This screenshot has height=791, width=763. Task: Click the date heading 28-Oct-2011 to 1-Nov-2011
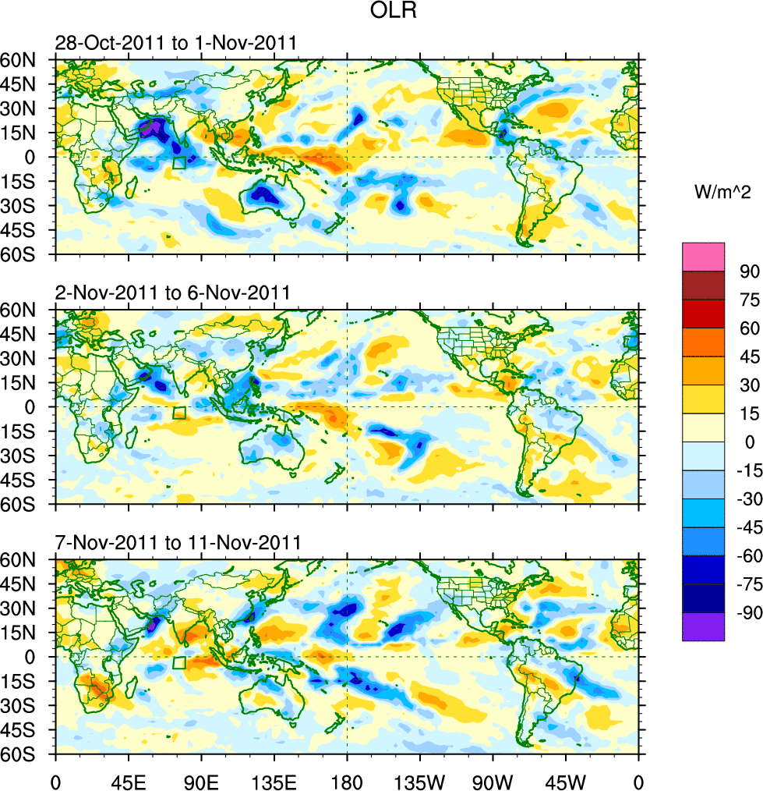[175, 43]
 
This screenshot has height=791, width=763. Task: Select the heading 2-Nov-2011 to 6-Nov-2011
[172, 293]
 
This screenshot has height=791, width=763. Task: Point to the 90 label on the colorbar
[749, 271]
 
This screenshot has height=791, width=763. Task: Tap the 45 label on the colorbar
[749, 356]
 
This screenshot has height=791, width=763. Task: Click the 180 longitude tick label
[347, 780]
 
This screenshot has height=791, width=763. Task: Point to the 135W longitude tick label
[420, 780]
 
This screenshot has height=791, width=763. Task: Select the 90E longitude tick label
[201, 780]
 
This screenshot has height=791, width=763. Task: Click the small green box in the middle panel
[179, 413]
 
